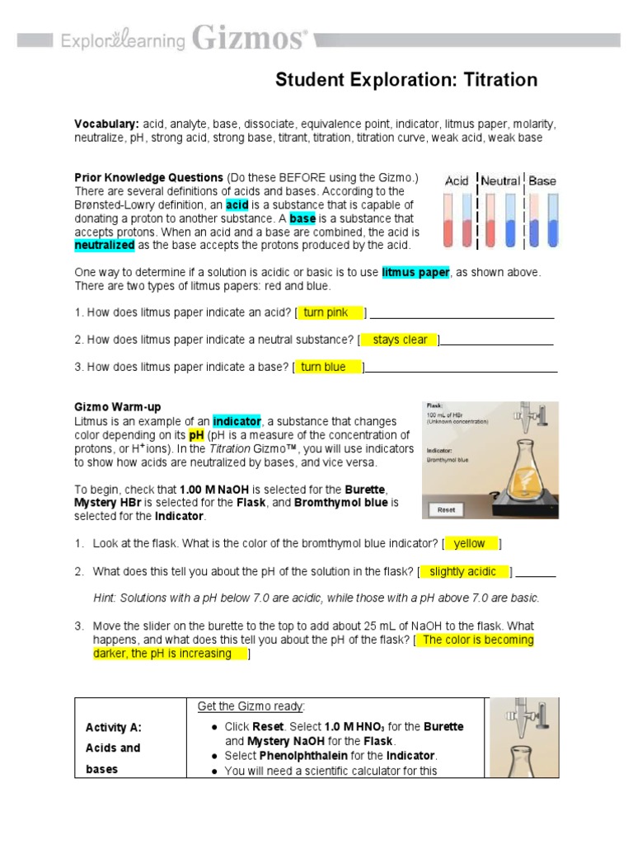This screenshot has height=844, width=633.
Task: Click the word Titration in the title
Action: [499, 80]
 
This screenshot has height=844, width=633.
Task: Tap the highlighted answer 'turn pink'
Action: [331, 312]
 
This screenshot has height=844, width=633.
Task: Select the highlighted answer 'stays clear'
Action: [400, 340]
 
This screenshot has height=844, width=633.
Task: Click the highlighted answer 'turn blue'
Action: [328, 367]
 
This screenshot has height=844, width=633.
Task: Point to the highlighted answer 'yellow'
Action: [470, 543]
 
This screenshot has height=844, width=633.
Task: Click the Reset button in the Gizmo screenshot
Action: [446, 509]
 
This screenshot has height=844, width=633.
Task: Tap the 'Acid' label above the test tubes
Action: [457, 181]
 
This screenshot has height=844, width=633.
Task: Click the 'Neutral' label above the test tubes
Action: [500, 181]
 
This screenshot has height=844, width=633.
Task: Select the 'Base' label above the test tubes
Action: [542, 181]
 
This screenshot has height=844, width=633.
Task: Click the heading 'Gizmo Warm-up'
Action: [118, 407]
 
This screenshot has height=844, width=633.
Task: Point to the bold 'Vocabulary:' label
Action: [106, 124]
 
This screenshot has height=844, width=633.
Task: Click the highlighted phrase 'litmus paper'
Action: [415, 272]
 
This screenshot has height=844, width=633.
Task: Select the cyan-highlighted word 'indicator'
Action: [235, 421]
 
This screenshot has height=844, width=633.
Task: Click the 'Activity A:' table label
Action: [114, 727]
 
